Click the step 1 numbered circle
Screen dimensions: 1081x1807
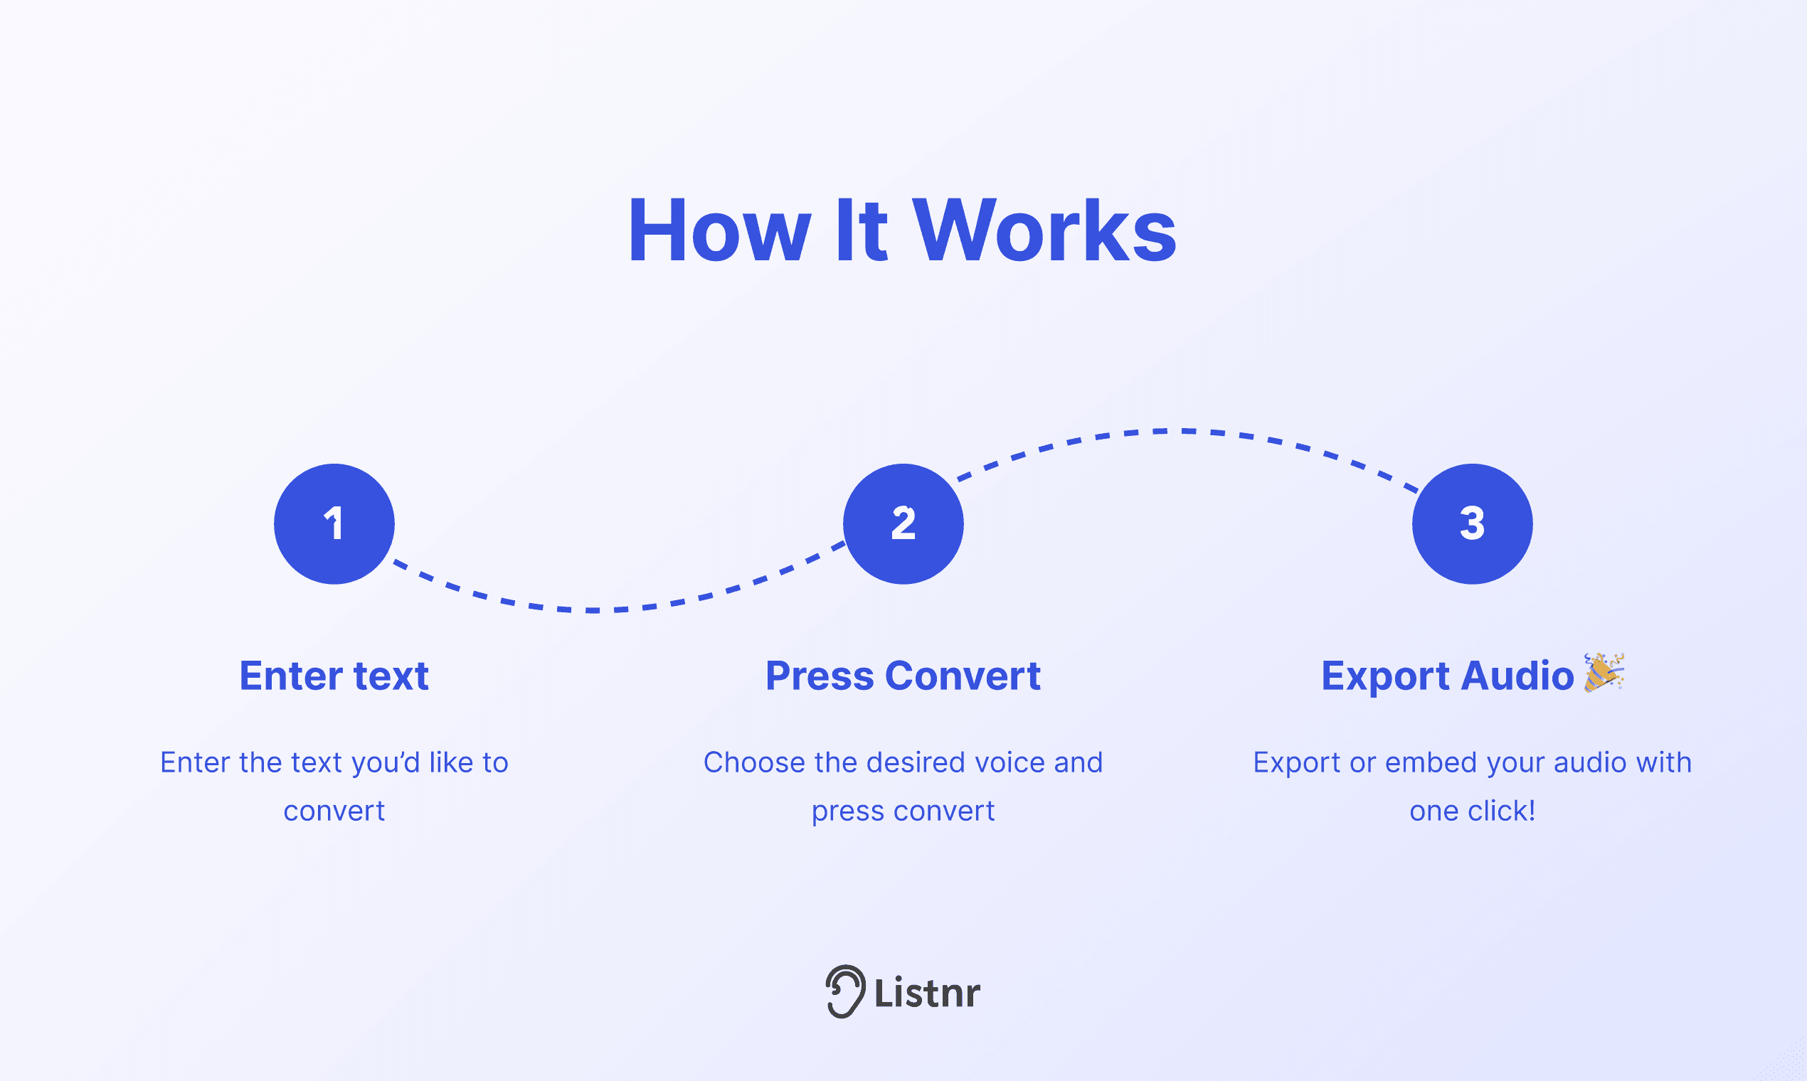pyautogui.click(x=334, y=523)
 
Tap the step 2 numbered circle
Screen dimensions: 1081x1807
pyautogui.click(x=903, y=523)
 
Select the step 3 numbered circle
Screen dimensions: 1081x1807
pyautogui.click(x=1472, y=523)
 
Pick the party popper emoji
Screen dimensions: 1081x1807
pyautogui.click(x=1604, y=671)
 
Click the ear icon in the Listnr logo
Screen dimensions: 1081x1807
pyautogui.click(x=844, y=991)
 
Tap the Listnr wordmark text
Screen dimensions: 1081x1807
pyautogui.click(x=927, y=993)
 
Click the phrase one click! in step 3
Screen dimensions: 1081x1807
pyautogui.click(x=1472, y=811)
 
